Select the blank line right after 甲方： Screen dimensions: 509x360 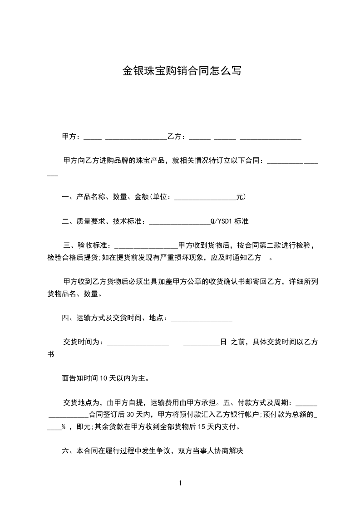(93, 138)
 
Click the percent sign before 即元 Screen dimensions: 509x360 (64, 427)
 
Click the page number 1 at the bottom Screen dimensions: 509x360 (180, 483)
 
